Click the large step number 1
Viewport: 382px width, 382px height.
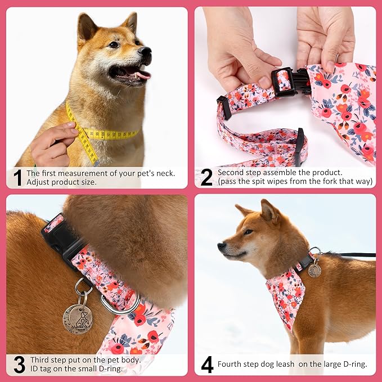17,178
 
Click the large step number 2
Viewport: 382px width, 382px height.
206,178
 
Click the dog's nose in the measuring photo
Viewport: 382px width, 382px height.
145,53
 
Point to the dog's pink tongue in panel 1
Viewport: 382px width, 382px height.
142,74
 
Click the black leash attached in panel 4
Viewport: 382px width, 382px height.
354,255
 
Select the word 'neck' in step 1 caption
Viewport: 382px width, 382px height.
164,173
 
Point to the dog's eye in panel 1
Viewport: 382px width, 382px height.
114,44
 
